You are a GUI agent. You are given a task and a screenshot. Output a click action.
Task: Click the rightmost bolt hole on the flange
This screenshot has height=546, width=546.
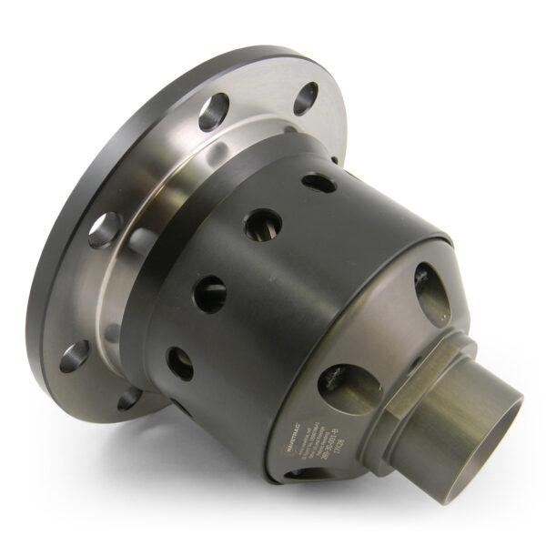click(306, 96)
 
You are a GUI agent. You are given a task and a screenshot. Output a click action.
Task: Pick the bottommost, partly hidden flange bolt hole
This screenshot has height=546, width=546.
click(128, 398)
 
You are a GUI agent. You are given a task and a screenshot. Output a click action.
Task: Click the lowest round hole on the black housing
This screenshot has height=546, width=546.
click(180, 362)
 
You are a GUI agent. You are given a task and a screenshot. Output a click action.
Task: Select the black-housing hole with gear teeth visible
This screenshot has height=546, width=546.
click(262, 225)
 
